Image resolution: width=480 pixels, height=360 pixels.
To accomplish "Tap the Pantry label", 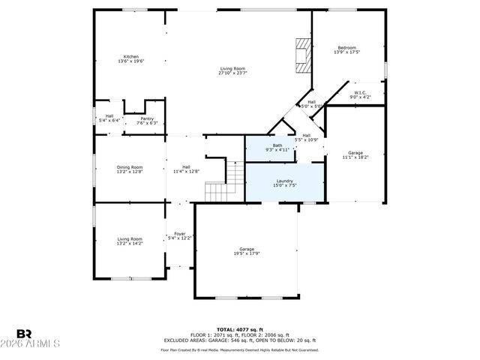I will [147, 121].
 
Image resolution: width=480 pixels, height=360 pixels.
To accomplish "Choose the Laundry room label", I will [284, 182].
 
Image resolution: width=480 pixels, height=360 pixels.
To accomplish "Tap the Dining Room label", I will [129, 169].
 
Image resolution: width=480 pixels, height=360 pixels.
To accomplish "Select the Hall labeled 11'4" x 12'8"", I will [186, 169].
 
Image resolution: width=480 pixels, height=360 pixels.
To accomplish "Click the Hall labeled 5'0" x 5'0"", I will [311, 103].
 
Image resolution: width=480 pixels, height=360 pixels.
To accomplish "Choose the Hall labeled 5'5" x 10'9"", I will [307, 137].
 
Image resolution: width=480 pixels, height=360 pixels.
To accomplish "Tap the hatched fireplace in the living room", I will [302, 55].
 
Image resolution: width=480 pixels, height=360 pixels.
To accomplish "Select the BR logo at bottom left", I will [24, 334].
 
